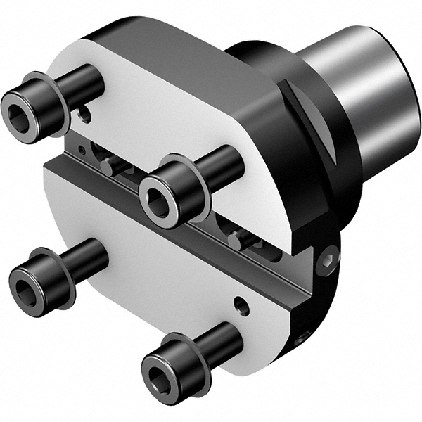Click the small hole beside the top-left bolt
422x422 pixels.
pyautogui.click(x=84, y=113)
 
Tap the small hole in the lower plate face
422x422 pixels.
pyautogui.click(x=242, y=305)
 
